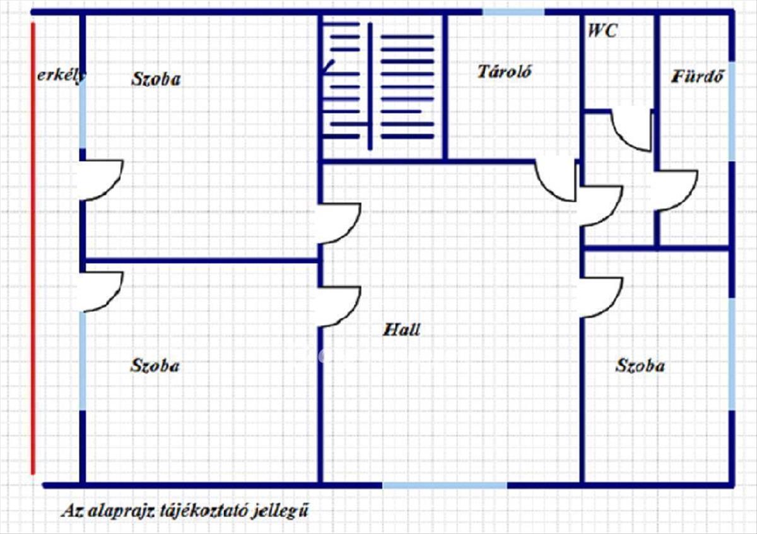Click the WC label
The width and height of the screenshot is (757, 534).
coord(603,30)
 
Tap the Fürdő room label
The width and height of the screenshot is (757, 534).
coord(698,76)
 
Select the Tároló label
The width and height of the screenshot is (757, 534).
coord(505,72)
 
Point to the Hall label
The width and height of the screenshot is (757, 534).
coord(401,329)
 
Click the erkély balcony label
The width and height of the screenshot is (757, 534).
coord(61,75)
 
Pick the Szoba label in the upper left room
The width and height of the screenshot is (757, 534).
coord(156,79)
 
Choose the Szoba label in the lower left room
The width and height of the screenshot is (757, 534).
coord(155,365)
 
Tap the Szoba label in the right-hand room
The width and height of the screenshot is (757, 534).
coord(640,365)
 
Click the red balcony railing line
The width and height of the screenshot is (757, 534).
coord(33,249)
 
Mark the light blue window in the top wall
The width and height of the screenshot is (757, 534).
coord(513,12)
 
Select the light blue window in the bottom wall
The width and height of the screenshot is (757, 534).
coord(445,485)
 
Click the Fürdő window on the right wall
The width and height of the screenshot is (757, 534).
coord(732,111)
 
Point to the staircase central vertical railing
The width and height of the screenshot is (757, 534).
coord(370,86)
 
